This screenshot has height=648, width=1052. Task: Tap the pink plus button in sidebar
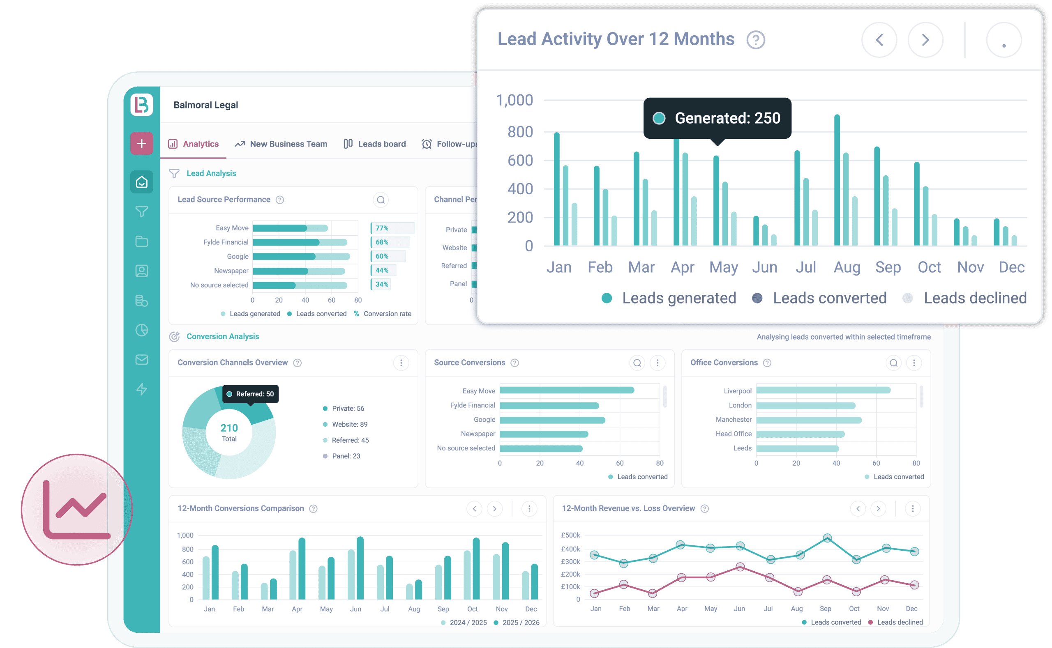pos(141,144)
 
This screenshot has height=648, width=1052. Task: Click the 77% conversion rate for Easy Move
pos(382,228)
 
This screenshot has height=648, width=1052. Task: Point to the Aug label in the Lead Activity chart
pos(847,267)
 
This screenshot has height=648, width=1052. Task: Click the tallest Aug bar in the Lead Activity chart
pos(837,180)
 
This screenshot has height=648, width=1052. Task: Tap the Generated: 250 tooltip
pos(717,118)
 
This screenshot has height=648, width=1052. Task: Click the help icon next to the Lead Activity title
pos(755,40)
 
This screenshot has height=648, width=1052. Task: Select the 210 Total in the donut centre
pos(229,432)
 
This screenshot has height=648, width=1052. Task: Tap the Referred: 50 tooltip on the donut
pos(250,394)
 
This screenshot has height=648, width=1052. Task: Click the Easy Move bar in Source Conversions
pos(566,390)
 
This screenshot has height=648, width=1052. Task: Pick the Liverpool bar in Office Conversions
pos(823,390)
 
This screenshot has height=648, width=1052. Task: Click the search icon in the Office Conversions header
pos(893,363)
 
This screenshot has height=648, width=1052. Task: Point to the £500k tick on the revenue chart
pos(570,535)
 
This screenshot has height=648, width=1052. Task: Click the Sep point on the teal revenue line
pos(827,538)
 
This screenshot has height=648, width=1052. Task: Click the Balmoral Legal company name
pos(205,105)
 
